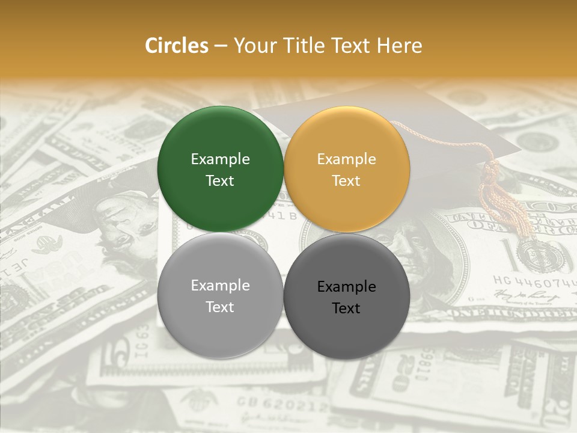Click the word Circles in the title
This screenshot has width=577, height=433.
[x=176, y=46]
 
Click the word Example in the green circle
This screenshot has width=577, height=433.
[x=220, y=159]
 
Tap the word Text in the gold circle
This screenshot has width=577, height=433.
[x=346, y=181]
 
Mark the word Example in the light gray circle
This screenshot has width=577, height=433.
[x=220, y=285]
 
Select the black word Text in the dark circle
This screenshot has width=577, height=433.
[x=346, y=309]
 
